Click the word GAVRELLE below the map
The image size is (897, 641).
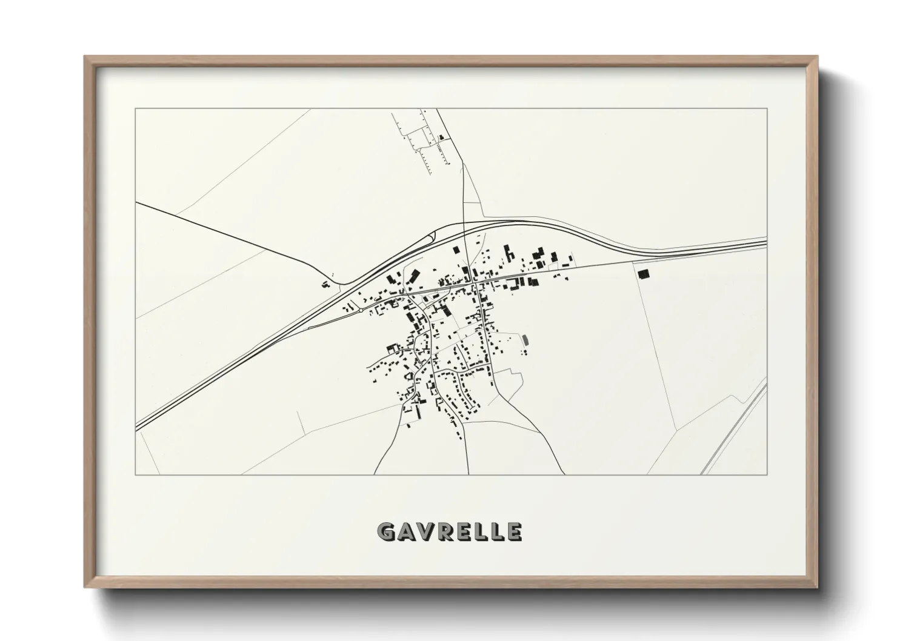coord(449,532)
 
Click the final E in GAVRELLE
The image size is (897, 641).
coord(514,532)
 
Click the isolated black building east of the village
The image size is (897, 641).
coord(642,274)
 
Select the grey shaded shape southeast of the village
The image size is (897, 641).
coord(525,339)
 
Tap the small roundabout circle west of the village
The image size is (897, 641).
coord(361,310)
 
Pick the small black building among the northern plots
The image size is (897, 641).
coord(441,138)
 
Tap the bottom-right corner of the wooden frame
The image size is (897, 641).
coord(816,586)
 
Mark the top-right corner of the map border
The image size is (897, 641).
coord(767,108)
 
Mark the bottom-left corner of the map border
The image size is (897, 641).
coord(136,474)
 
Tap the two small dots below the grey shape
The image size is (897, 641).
coord(523,351)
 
